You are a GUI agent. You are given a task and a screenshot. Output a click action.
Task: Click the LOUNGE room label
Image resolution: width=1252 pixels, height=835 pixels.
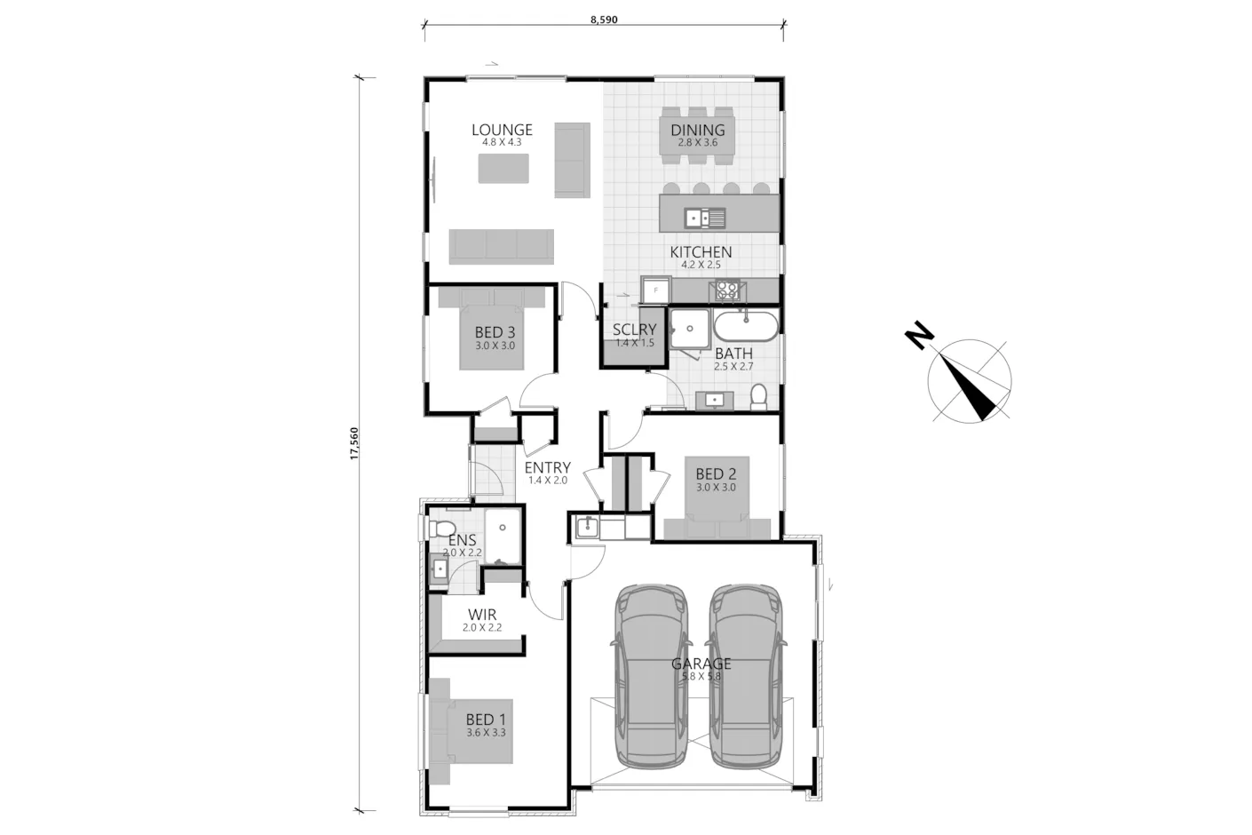click(502, 130)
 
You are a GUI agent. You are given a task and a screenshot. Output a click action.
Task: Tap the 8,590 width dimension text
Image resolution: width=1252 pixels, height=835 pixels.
click(604, 20)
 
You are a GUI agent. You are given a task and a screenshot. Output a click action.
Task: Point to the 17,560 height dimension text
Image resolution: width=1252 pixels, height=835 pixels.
click(353, 443)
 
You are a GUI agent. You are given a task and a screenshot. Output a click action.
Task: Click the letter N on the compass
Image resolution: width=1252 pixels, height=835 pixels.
click(919, 336)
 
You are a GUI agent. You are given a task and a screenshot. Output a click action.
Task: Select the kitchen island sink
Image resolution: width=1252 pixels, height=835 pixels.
click(705, 217)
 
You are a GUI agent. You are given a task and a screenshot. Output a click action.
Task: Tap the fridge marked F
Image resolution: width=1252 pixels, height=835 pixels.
click(656, 290)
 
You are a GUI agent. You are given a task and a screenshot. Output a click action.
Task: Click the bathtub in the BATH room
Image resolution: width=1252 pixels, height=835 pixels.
click(746, 327)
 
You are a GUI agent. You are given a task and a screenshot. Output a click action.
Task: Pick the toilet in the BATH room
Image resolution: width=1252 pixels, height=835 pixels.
click(758, 396)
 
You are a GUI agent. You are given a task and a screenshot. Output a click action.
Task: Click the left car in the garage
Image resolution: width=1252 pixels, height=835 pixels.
click(651, 677)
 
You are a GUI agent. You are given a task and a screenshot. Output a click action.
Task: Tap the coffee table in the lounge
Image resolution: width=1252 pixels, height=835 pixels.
click(503, 169)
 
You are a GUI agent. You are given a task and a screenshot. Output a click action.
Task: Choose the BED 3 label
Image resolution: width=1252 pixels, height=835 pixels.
click(495, 333)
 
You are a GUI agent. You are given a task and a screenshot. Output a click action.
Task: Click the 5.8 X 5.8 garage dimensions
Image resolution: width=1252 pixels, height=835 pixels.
click(701, 676)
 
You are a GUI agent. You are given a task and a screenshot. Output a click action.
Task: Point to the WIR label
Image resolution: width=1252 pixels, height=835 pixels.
click(482, 615)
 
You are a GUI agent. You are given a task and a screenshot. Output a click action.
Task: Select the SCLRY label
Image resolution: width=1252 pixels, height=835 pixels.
click(634, 330)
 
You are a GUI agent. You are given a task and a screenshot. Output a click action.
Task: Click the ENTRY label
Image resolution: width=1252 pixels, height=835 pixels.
click(547, 467)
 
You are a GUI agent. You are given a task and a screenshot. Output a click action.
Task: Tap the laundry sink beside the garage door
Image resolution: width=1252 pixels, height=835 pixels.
click(586, 527)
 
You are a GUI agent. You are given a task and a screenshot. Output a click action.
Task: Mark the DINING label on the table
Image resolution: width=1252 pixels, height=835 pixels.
click(698, 130)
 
